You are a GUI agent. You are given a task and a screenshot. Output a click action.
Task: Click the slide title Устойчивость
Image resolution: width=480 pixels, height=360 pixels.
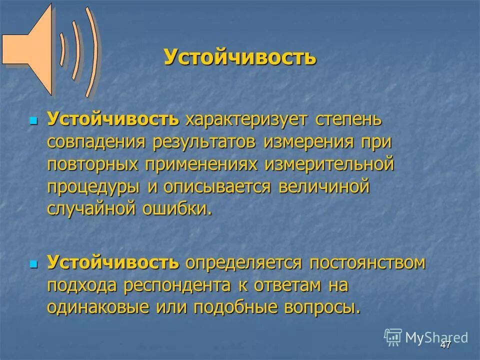coord(240,57)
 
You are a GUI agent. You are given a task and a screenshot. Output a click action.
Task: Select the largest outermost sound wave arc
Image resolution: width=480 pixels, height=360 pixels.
coord(91,52)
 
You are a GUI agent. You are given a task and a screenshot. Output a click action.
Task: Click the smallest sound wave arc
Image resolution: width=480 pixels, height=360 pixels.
coord(62,50)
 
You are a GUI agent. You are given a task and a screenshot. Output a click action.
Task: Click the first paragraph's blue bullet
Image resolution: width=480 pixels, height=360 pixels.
coord(34,121)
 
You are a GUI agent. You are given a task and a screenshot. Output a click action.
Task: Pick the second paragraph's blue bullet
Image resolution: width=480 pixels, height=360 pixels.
coord(34,263)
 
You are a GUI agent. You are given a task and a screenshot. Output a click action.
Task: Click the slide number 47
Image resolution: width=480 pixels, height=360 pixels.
coord(446,345)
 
